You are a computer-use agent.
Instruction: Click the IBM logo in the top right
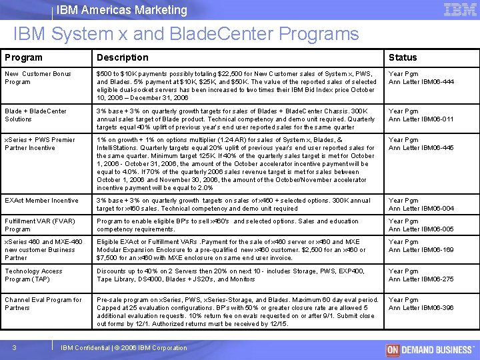tap(459, 10)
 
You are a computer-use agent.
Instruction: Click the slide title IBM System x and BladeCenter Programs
tap(185, 34)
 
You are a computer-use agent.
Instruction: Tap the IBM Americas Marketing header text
tap(122, 10)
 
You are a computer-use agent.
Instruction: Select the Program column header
tap(24, 57)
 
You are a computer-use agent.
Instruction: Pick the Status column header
tap(403, 57)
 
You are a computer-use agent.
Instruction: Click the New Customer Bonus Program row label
tap(38, 77)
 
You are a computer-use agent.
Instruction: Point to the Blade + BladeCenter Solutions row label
tap(36, 115)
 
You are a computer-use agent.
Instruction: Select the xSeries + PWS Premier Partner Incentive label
tap(40, 144)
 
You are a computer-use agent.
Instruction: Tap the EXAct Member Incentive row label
tap(41, 200)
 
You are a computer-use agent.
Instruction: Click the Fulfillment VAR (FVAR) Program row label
tap(41, 225)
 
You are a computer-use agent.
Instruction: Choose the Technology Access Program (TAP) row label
tap(34, 275)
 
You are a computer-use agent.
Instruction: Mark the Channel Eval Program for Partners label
tap(43, 304)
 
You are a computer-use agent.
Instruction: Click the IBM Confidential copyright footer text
tap(124, 348)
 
